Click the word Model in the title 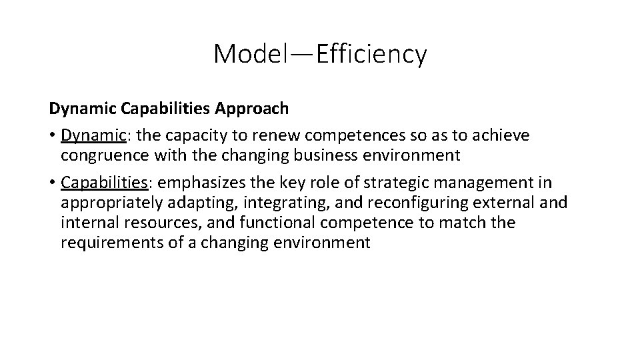coord(248,54)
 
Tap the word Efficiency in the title coord(371,54)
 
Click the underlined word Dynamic coord(93,135)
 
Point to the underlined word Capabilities coord(103,183)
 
